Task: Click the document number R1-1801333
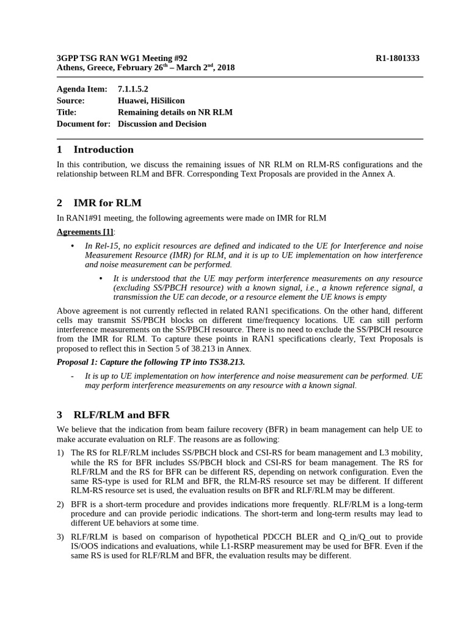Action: [x=397, y=58]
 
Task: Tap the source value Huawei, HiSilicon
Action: [x=151, y=101]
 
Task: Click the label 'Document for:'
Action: [x=83, y=124]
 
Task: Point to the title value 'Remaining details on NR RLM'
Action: [x=175, y=112]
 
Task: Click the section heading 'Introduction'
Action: [x=103, y=150]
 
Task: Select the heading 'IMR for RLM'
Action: [x=107, y=203]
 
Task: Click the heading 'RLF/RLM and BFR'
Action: [x=122, y=415]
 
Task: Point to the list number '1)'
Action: [x=60, y=453]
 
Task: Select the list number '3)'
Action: [x=60, y=537]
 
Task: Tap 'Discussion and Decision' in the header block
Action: [x=162, y=124]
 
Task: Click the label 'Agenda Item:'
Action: [x=82, y=89]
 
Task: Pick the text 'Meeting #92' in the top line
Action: [x=164, y=58]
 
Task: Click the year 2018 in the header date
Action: [x=225, y=68]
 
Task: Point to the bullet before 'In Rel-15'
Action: [x=73, y=246]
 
